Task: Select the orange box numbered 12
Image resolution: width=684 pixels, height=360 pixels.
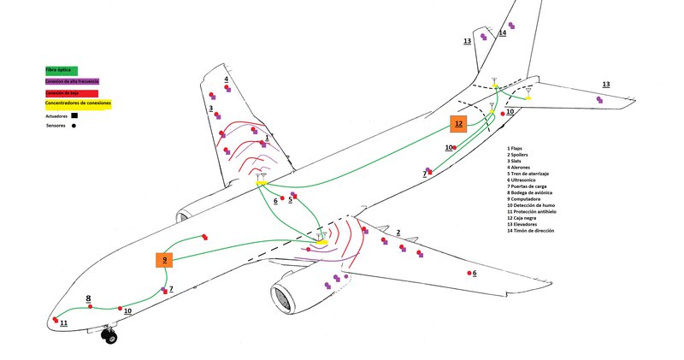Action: [458, 124]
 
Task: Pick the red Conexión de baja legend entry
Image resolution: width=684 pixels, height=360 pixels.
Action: [72, 92]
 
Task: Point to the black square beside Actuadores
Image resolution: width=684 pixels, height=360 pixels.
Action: [75, 115]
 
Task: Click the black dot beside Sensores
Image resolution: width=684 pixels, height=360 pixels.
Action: [74, 126]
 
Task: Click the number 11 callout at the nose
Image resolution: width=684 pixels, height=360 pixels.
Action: [63, 322]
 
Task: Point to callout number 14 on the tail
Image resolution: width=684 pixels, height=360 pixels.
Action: [502, 33]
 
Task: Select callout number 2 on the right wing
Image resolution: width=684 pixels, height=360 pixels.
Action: [398, 233]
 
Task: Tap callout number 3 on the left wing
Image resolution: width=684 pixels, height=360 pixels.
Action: [209, 109]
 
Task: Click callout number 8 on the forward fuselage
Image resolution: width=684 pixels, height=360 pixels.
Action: [88, 298]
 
